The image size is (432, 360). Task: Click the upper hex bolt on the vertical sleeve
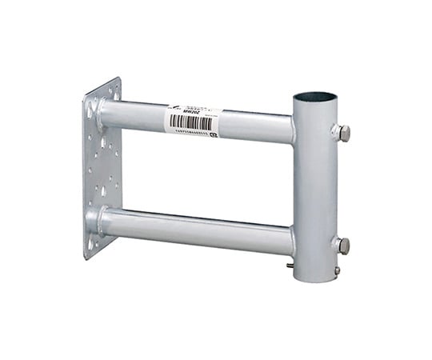tap(342, 133)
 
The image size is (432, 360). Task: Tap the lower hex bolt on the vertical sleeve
tap(342, 246)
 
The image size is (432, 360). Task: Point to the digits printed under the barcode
tap(192, 134)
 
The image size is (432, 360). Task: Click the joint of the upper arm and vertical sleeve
tap(293, 130)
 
